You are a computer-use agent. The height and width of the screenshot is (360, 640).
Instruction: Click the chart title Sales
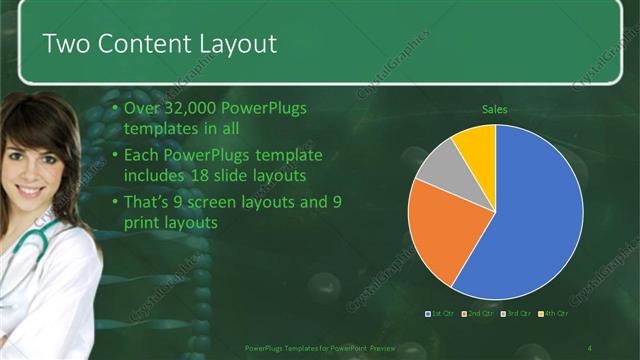pyautogui.click(x=495, y=109)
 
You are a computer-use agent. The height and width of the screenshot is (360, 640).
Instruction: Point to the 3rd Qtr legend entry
pyautogui.click(x=515, y=314)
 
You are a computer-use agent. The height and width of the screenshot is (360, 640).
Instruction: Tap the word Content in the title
pyautogui.click(x=139, y=44)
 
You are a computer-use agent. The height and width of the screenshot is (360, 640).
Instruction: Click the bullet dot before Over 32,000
pyautogui.click(x=116, y=108)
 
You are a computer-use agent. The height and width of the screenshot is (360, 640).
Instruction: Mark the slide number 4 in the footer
pyautogui.click(x=589, y=347)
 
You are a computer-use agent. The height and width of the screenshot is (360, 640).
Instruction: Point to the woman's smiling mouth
pyautogui.click(x=29, y=189)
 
